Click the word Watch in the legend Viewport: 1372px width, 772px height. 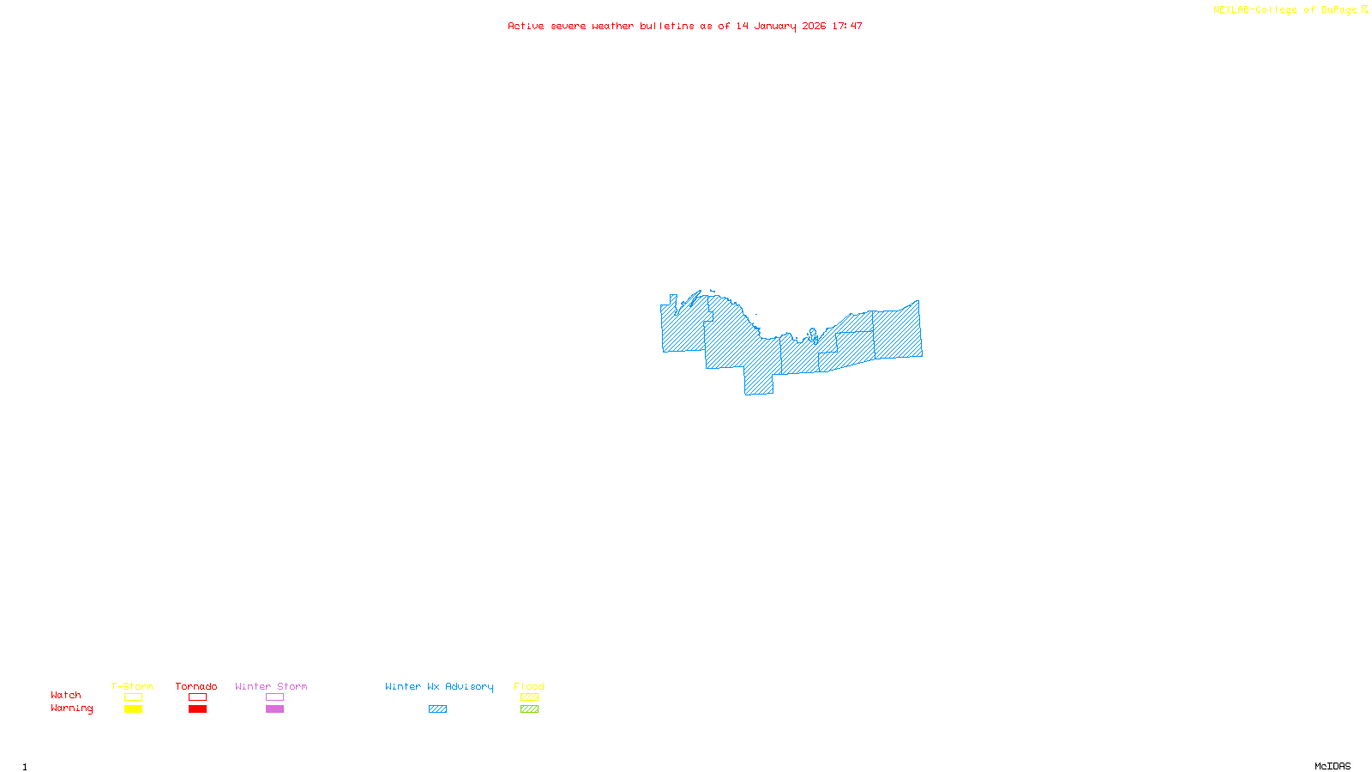point(66,696)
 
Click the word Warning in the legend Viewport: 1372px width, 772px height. point(72,709)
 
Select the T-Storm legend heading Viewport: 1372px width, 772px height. point(132,686)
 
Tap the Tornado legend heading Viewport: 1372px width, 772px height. point(196,686)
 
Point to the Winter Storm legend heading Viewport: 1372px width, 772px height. point(271,686)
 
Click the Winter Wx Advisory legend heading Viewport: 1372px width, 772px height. point(439,686)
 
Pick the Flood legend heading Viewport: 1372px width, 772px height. point(529,686)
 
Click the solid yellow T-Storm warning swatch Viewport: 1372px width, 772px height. point(133,709)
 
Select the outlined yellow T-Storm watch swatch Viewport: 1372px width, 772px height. point(133,697)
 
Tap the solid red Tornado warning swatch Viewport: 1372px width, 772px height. point(197,709)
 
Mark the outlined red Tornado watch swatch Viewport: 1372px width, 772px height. point(197,697)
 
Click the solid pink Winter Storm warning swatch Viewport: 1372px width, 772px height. point(274,709)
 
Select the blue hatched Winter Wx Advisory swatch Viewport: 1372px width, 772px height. point(437,709)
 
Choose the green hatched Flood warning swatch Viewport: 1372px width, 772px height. point(529,709)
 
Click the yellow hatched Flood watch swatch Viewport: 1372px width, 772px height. point(529,697)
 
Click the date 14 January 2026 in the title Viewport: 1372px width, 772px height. point(780,27)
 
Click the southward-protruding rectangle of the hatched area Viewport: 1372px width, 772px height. point(759,382)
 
